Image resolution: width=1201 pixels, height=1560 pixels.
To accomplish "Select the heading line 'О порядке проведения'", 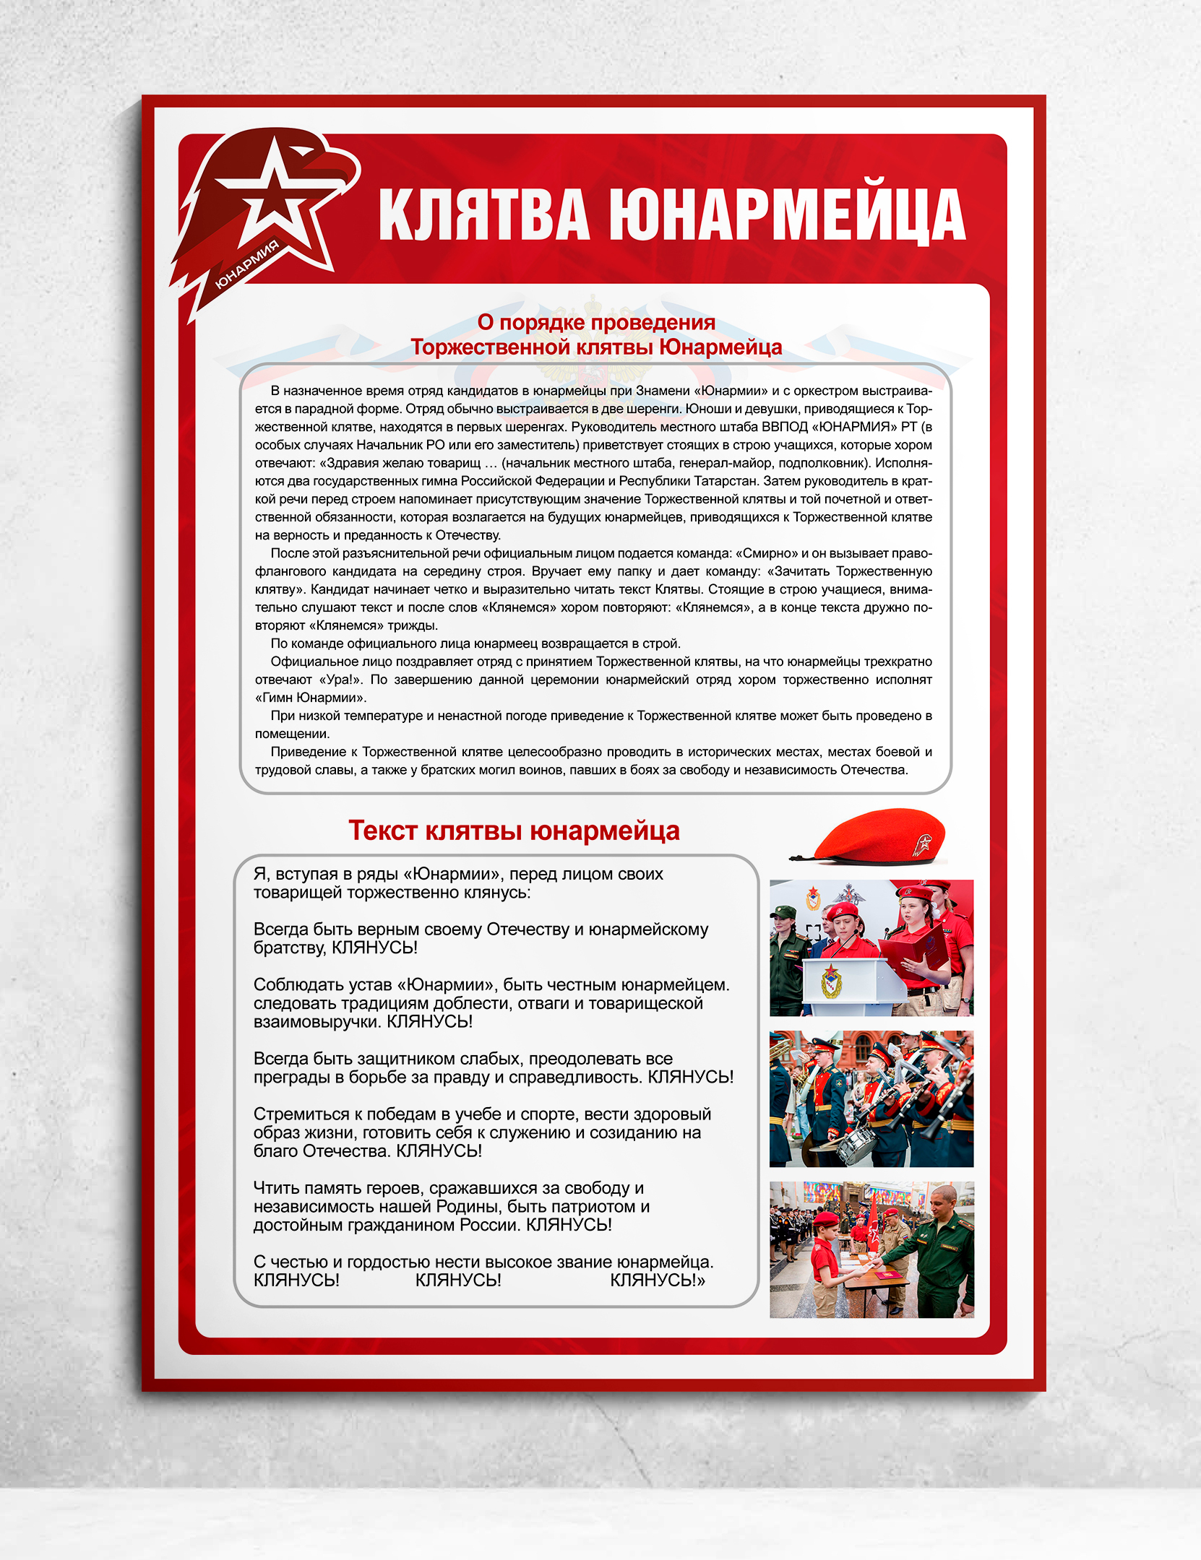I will click(x=596, y=322).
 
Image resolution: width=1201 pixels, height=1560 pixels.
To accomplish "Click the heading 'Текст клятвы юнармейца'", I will click(x=514, y=831).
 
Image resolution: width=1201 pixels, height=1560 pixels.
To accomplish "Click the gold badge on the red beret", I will click(x=922, y=843).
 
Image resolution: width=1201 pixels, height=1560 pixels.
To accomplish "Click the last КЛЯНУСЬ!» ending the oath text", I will click(x=658, y=1280).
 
